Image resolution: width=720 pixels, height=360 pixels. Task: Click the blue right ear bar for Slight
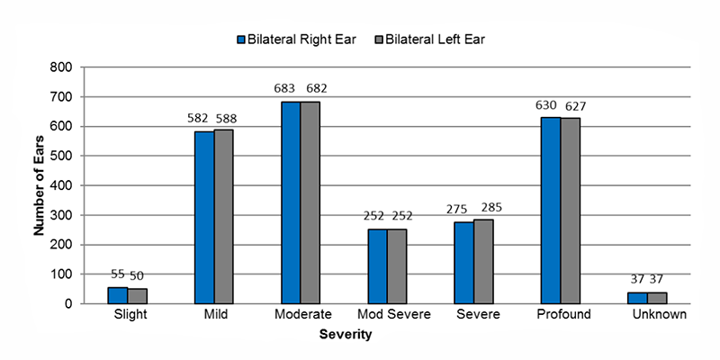(117, 295)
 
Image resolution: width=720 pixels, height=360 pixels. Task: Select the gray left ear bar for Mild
(223, 217)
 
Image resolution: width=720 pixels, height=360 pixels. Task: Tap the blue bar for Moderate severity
(291, 202)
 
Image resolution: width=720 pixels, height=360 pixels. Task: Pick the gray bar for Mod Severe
(397, 266)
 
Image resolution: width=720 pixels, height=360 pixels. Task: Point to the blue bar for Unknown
(637, 298)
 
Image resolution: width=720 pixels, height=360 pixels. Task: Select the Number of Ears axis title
(40, 184)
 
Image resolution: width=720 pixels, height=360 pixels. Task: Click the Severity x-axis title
(346, 335)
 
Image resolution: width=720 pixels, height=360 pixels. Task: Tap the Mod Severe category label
(394, 315)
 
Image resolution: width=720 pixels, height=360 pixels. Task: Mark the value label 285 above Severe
(492, 209)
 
